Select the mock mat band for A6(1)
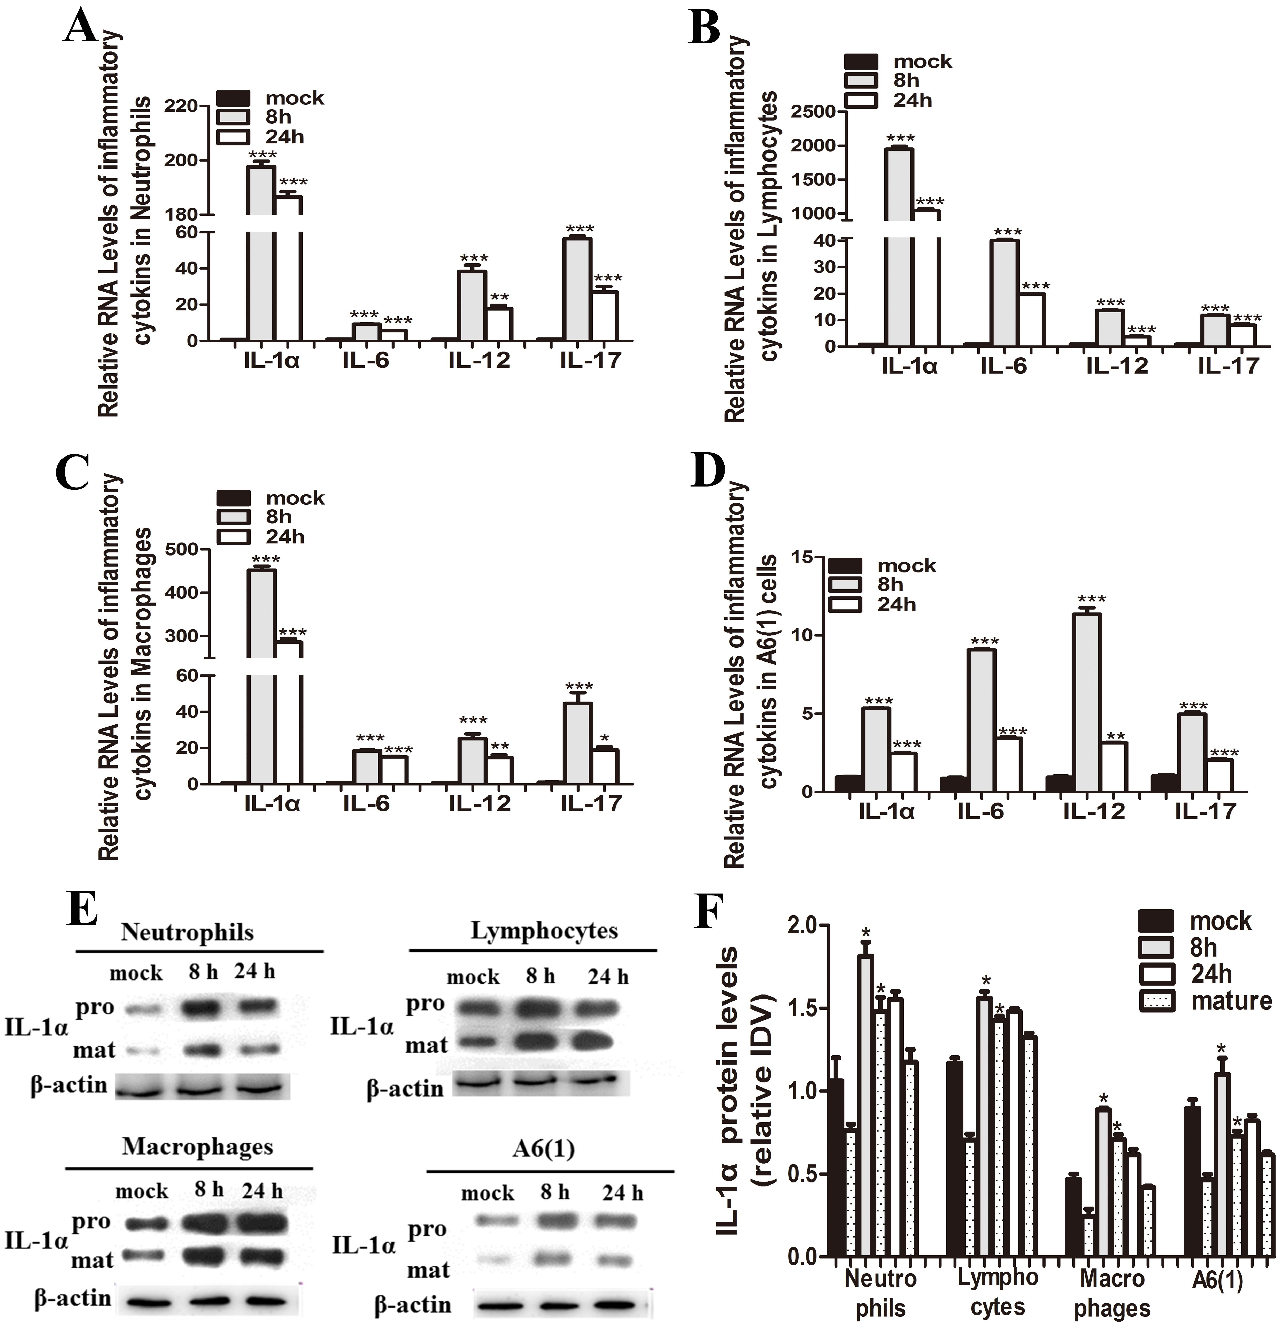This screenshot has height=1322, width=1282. click(x=487, y=1239)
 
